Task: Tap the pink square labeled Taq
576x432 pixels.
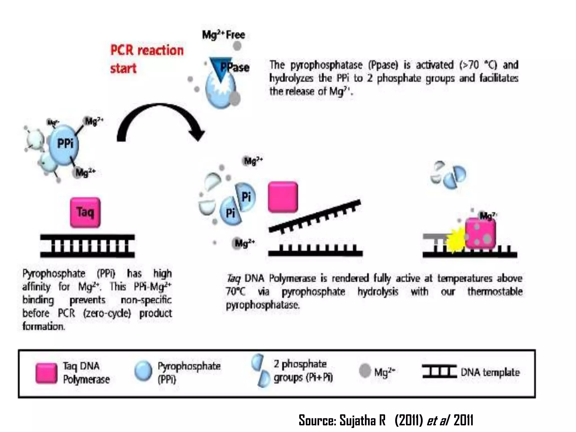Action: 85,212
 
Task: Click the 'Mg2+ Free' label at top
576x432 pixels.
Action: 224,35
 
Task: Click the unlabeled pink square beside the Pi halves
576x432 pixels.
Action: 283,197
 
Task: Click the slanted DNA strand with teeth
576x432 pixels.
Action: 314,217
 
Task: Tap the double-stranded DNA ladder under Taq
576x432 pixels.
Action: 87,246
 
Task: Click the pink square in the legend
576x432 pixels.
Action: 46,373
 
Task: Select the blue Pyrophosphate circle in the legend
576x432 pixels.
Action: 143,371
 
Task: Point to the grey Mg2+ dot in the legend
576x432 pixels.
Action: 365,370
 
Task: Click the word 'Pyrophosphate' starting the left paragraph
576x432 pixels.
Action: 54,273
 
